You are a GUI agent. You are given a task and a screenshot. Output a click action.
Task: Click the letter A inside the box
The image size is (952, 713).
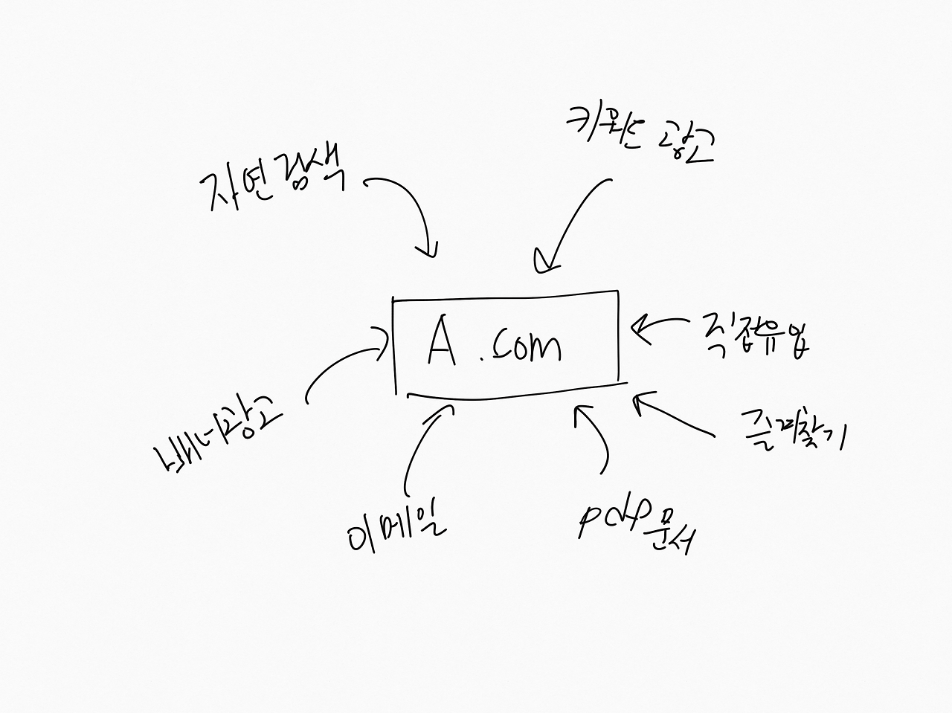click(442, 344)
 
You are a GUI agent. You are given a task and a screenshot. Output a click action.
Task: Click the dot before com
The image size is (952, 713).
click(482, 360)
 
